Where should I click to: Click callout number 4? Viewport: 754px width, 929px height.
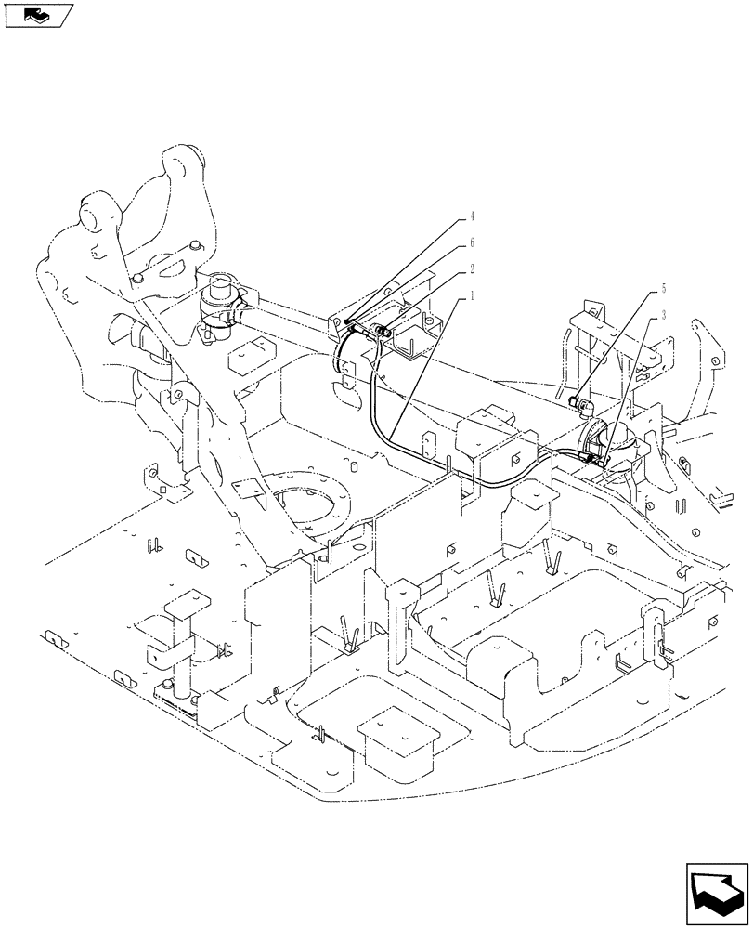pos(472,216)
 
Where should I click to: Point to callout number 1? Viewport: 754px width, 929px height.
pos(472,295)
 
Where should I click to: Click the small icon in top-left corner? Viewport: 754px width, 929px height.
pos(38,15)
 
